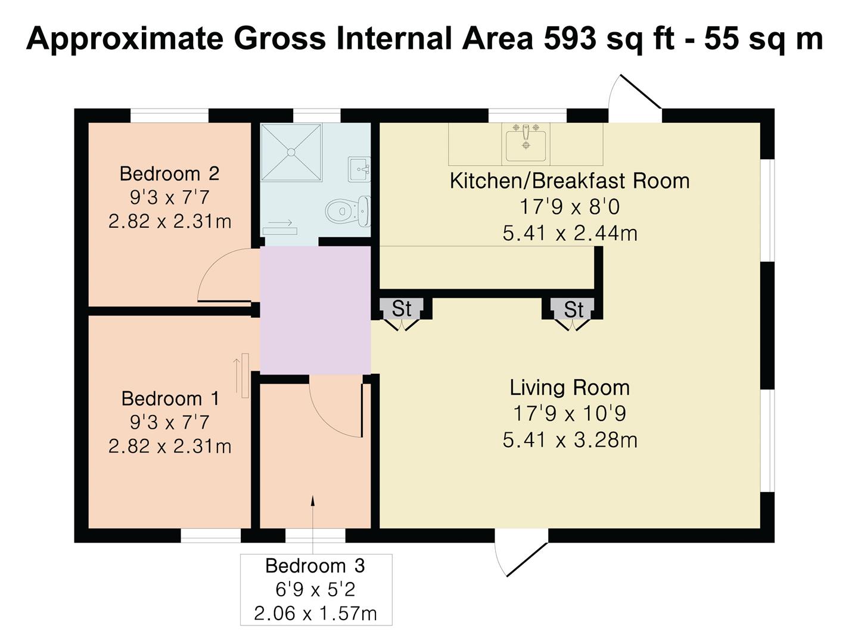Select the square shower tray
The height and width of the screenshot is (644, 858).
click(291, 152)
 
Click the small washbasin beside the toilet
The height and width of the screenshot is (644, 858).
click(360, 169)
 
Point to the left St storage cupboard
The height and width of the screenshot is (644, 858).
click(402, 308)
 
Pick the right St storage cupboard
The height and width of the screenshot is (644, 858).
click(573, 309)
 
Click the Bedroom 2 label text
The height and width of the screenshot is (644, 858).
click(169, 174)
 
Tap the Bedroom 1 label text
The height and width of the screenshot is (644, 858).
click(170, 398)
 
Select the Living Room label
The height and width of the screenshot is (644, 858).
click(570, 388)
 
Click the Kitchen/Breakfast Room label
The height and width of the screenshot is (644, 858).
click(570, 181)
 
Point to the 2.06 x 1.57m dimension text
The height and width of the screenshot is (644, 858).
click(315, 613)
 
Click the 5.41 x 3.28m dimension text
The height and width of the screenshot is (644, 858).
click(570, 440)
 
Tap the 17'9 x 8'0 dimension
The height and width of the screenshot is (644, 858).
click(570, 207)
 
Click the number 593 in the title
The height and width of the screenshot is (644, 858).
click(570, 39)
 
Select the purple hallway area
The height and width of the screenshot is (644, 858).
click(315, 310)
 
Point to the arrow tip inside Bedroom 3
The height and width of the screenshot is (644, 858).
click(313, 497)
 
